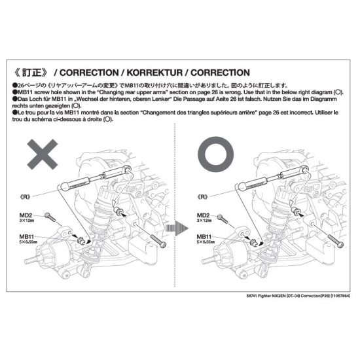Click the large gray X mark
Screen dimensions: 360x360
43,154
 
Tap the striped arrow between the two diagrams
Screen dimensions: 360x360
177,228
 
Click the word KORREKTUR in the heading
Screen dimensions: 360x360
154,73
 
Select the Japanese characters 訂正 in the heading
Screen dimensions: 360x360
32,73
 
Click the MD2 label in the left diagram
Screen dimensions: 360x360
26,215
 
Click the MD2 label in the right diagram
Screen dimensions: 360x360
203,215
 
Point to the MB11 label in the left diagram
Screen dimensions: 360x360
27,237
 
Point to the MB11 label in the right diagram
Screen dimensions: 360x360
204,237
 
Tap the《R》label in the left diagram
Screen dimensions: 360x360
26,197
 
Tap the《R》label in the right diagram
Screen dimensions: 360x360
203,197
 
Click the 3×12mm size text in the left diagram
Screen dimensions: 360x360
27,221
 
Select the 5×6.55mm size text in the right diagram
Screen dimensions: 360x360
206,242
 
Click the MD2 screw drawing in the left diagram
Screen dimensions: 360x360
50,217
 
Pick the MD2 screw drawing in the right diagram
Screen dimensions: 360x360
223,219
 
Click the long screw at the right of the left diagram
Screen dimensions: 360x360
158,241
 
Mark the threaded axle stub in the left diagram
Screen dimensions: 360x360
31,261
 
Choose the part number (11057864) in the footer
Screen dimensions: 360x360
340,296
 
